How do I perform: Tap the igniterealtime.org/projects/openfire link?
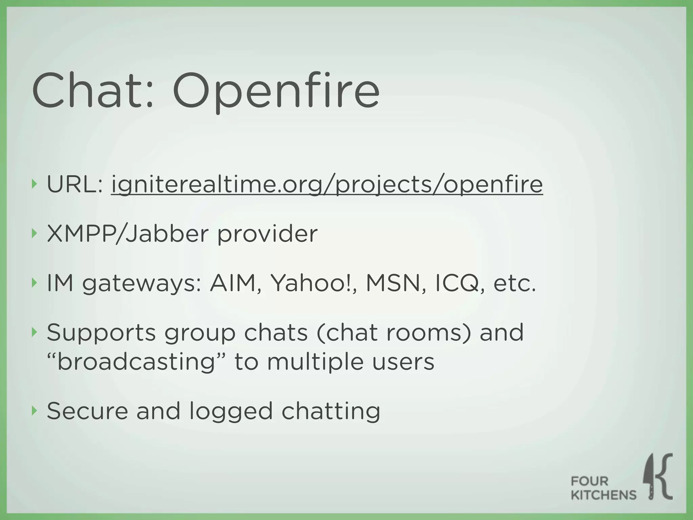pos(327,185)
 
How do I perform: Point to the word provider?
pos(267,234)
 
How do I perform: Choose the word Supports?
pos(101,333)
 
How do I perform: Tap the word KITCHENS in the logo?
pos(604,495)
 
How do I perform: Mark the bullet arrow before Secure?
pos(33,411)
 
